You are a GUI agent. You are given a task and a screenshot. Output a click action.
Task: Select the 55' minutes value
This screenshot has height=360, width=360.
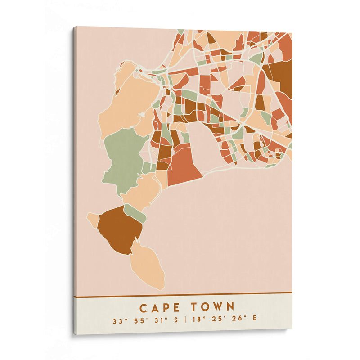click(139, 321)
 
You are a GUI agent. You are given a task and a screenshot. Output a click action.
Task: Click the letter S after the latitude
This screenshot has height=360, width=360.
click(175, 321)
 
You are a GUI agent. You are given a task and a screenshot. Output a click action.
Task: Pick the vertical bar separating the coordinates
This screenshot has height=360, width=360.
click(185, 321)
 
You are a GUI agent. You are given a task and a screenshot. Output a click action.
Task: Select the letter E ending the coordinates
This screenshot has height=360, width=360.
click(255, 321)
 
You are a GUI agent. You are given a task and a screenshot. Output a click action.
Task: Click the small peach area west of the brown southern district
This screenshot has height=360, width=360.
click(93, 220)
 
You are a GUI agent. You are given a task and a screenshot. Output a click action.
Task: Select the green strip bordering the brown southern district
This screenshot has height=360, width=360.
click(135, 213)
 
